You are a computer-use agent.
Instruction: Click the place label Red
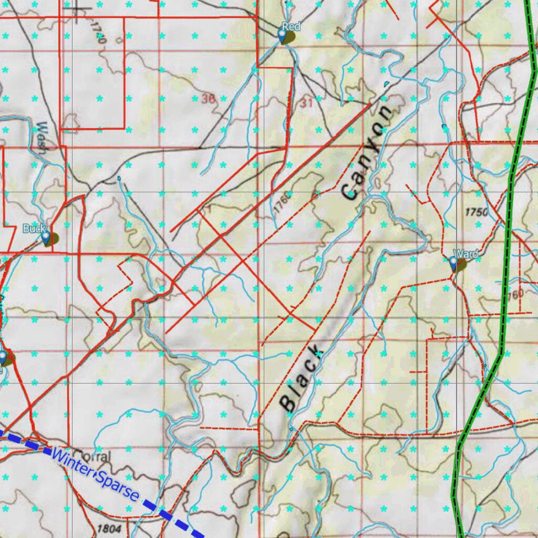(291, 26)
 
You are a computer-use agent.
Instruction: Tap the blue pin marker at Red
(282, 35)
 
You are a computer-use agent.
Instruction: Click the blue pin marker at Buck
(46, 237)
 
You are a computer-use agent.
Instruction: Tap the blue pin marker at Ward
(453, 263)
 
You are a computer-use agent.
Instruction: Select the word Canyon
(367, 152)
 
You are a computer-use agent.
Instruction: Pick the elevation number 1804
(109, 527)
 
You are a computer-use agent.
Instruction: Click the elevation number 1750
(477, 212)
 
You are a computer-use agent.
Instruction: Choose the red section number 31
(307, 103)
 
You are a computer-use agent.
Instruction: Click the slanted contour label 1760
(282, 203)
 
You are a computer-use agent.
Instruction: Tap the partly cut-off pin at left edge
(3, 358)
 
